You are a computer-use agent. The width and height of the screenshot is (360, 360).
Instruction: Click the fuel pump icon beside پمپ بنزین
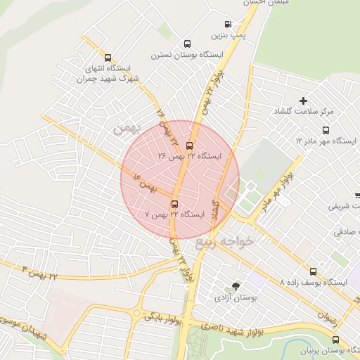click(x=227, y=24)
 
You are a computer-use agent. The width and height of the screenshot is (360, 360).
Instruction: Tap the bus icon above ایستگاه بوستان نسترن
click(x=186, y=44)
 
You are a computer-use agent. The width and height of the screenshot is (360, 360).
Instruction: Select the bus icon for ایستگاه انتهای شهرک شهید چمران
click(x=108, y=58)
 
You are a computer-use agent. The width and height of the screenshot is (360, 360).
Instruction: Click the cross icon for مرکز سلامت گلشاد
click(x=303, y=101)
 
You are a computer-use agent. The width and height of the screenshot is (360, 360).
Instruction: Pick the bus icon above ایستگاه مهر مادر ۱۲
click(x=325, y=131)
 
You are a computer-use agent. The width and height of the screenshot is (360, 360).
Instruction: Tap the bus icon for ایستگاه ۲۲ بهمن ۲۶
click(x=188, y=146)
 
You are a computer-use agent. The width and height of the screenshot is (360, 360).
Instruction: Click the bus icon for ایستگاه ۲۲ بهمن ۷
click(x=174, y=204)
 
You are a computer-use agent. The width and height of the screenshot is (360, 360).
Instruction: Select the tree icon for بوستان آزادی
click(x=236, y=286)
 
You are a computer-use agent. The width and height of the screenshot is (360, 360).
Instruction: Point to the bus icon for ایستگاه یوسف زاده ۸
click(x=314, y=271)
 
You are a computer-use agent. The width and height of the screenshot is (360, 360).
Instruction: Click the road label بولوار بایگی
click(x=163, y=318)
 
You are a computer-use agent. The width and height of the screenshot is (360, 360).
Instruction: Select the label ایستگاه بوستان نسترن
click(x=186, y=54)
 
